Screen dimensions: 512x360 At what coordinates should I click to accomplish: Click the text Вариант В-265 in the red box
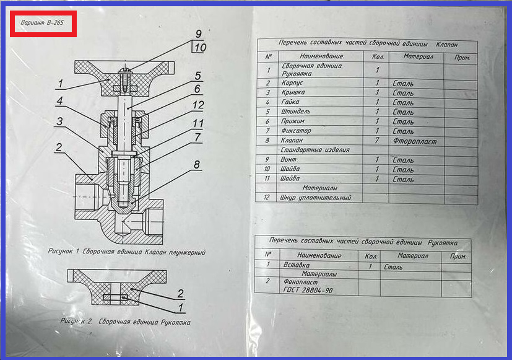[42, 23]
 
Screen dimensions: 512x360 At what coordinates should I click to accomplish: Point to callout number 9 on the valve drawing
[198, 34]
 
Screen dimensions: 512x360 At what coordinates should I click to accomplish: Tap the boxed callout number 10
[199, 48]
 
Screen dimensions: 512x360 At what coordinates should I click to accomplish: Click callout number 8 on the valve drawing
[197, 165]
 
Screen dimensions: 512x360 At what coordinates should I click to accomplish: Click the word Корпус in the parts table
[293, 82]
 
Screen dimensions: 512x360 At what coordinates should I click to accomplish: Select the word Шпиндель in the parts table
[297, 112]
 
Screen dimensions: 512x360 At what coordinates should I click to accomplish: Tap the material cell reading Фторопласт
[414, 141]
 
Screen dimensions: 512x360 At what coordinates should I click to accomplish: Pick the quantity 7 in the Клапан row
[376, 141]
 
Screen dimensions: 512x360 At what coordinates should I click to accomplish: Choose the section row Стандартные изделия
[315, 150]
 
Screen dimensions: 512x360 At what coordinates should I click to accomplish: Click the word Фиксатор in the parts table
[296, 131]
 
